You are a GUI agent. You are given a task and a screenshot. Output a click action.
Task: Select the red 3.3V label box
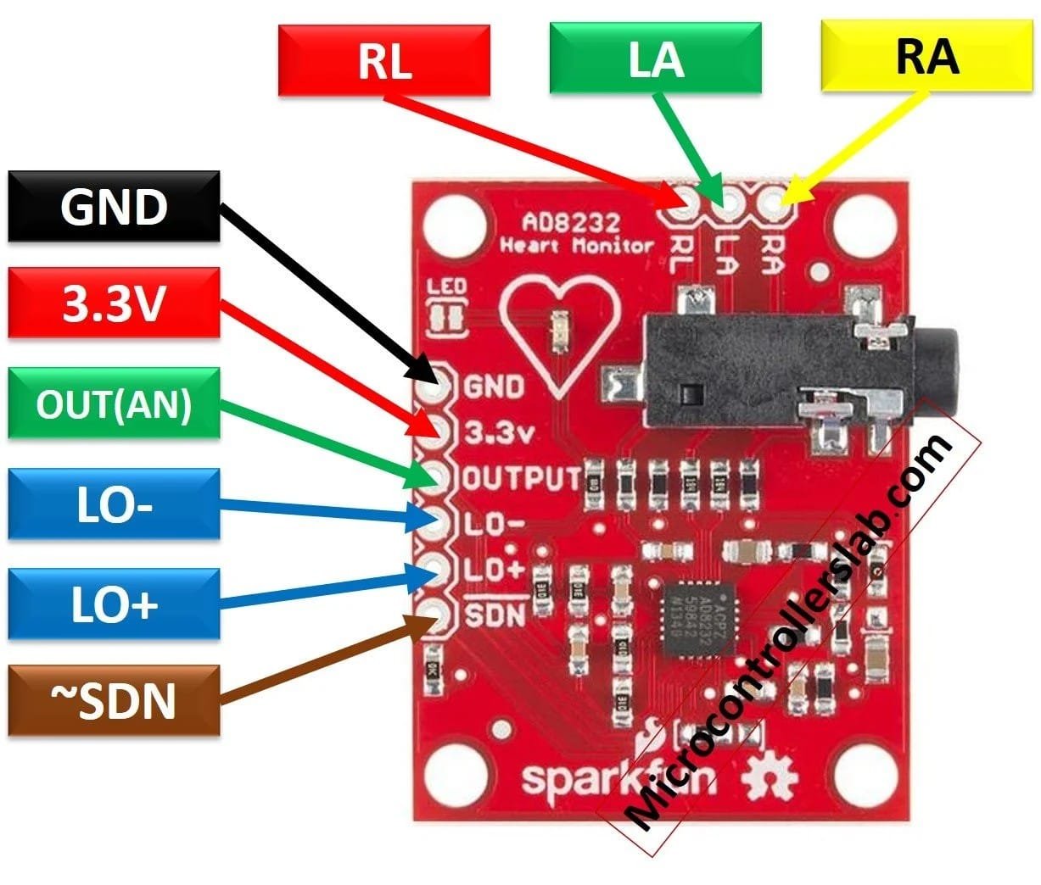click(114, 303)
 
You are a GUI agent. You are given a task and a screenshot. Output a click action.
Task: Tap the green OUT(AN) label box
click(114, 404)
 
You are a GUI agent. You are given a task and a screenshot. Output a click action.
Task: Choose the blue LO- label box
click(114, 504)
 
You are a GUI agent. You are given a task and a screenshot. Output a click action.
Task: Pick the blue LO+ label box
click(114, 604)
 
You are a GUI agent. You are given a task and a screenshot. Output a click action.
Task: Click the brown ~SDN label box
click(114, 701)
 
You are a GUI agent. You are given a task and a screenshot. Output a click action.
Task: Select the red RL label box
click(383, 59)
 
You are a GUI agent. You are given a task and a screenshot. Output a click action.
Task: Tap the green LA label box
click(655, 59)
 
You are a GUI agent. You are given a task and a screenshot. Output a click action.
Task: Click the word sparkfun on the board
click(583, 777)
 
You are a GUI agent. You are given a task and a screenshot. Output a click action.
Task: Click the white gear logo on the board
click(770, 777)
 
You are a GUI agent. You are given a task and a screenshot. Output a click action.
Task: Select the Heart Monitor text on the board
click(577, 247)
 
